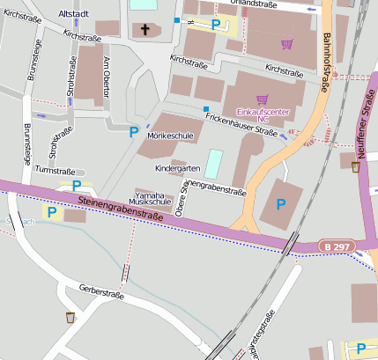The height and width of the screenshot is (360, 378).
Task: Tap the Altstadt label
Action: [x=73, y=14]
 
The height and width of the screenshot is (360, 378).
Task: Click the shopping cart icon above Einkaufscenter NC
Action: [x=262, y=99]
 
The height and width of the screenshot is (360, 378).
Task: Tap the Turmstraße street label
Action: [x=55, y=170]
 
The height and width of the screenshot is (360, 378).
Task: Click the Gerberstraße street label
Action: [x=99, y=290]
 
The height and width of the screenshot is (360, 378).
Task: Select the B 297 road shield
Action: [x=334, y=246]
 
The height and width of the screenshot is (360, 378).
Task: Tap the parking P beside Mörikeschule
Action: [x=134, y=132]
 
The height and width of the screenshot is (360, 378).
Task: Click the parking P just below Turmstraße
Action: [x=77, y=185]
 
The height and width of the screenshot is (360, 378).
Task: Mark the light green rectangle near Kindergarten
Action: [x=214, y=163]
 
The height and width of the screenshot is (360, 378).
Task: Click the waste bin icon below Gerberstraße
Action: [x=70, y=317]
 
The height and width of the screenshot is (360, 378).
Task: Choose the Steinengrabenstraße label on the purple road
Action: [x=122, y=210]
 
